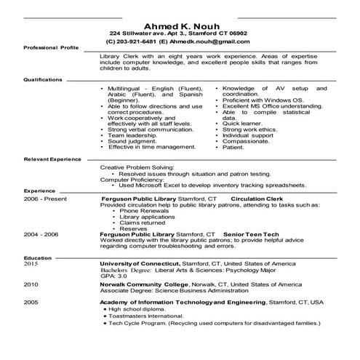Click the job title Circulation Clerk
pos(261,198)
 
